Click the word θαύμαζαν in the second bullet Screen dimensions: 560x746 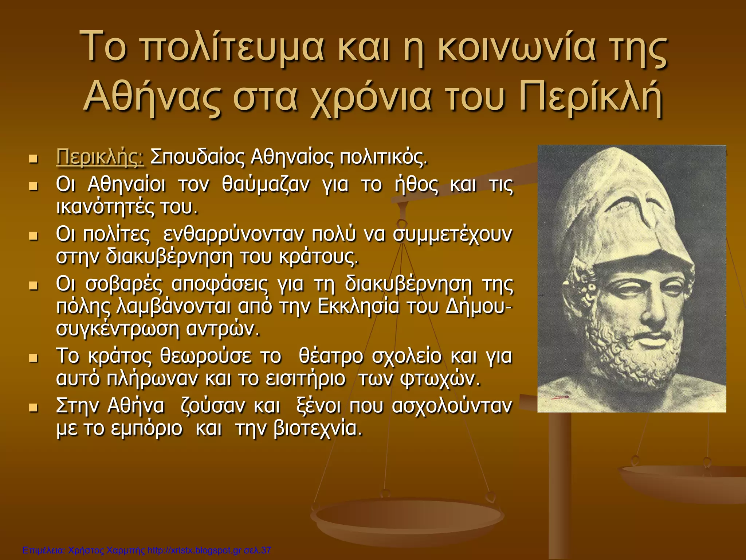coord(266,184)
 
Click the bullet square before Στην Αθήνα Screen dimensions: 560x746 coord(34,407)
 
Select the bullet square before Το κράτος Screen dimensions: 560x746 coord(34,357)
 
